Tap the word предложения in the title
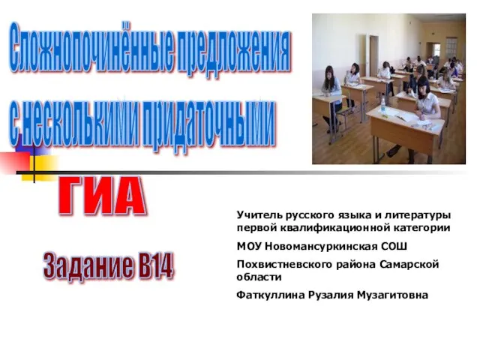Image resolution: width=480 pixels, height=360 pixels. (x=233, y=51)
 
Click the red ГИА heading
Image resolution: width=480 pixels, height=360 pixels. (x=102, y=196)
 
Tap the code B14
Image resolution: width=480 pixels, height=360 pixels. (x=155, y=265)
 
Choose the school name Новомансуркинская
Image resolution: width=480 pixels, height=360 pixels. (x=321, y=246)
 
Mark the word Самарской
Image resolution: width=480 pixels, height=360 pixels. (x=409, y=264)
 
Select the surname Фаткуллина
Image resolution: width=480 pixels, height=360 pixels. (x=271, y=295)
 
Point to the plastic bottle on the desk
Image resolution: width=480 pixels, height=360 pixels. (x=382, y=106)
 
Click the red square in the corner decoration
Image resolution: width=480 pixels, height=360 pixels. (x=14, y=163)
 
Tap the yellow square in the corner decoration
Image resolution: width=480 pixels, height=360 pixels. (x=40, y=168)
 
